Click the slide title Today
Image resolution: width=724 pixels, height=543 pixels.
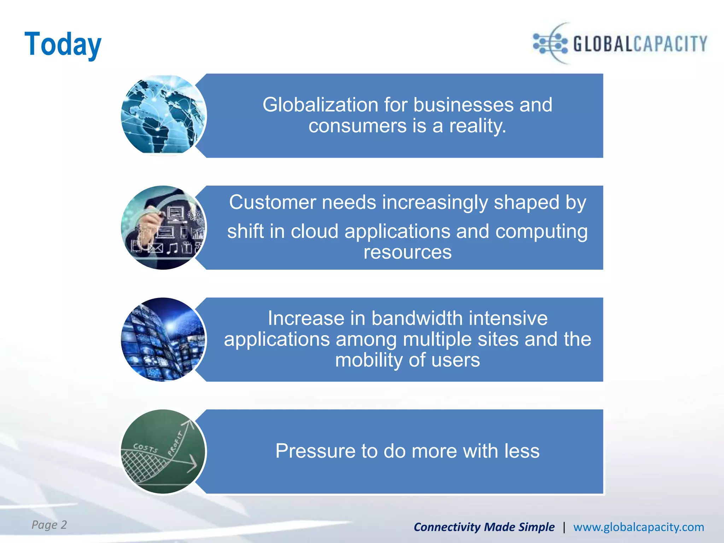pyautogui.click(x=63, y=44)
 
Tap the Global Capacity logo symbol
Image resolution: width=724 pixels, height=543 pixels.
pyautogui.click(x=551, y=43)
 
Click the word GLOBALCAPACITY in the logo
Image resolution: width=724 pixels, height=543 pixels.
pyautogui.click(x=640, y=44)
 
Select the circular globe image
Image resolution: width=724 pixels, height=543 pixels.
pyautogui.click(x=163, y=115)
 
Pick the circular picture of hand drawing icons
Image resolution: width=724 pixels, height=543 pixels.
pyautogui.click(x=163, y=227)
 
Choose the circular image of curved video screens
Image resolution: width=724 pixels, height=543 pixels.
pyautogui.click(x=163, y=339)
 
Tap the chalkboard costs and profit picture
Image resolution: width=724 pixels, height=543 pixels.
pyautogui.click(x=163, y=451)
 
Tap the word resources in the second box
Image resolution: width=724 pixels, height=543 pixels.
pyautogui.click(x=408, y=252)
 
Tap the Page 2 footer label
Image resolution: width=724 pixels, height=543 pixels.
pyautogui.click(x=49, y=525)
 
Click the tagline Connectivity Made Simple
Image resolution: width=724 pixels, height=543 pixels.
pyautogui.click(x=484, y=527)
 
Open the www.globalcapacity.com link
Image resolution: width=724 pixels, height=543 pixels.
pyautogui.click(x=638, y=527)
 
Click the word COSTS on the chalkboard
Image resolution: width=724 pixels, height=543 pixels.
pyautogui.click(x=145, y=448)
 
